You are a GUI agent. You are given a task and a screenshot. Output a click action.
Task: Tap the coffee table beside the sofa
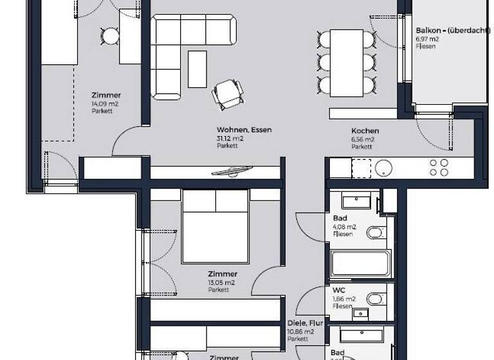(197, 69)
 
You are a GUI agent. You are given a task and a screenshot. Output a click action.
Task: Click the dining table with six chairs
(346, 61)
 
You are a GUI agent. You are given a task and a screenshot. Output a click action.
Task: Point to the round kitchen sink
(384, 168)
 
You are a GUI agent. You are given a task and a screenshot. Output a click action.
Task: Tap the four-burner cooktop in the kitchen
(439, 168)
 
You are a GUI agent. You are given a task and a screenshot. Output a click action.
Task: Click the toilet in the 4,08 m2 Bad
(374, 232)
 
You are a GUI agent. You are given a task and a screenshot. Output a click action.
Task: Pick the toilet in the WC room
(374, 298)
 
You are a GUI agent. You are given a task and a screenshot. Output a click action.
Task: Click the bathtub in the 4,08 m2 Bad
(360, 263)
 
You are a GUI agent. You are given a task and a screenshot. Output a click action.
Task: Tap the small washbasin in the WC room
(361, 314)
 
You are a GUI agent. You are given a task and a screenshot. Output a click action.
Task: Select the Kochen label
(365, 130)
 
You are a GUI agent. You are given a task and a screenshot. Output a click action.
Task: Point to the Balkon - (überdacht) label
(444, 30)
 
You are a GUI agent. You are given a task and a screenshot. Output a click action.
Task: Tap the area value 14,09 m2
(105, 103)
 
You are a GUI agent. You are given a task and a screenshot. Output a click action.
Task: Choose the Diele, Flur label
(304, 324)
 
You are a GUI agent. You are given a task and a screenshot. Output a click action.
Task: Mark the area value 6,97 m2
(428, 39)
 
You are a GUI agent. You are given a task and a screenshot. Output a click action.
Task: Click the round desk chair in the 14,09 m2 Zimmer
(111, 36)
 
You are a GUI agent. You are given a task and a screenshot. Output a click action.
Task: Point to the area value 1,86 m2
(344, 299)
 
